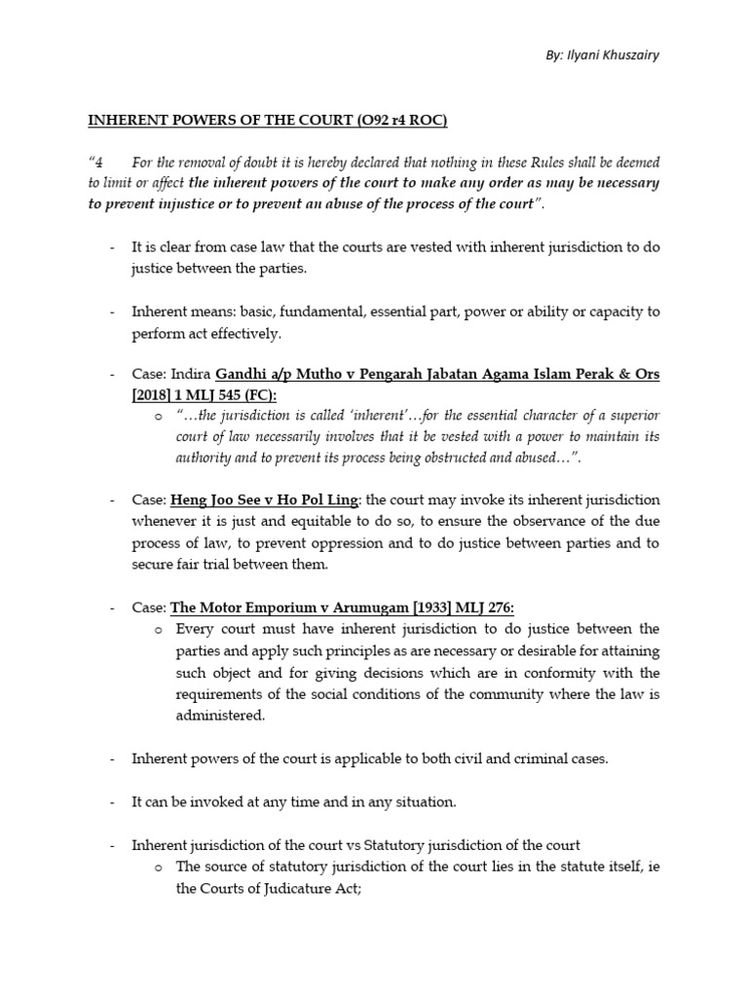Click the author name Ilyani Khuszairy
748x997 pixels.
coord(617,55)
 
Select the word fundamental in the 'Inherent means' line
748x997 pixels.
coord(314,312)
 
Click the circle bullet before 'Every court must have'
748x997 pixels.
coord(159,630)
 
